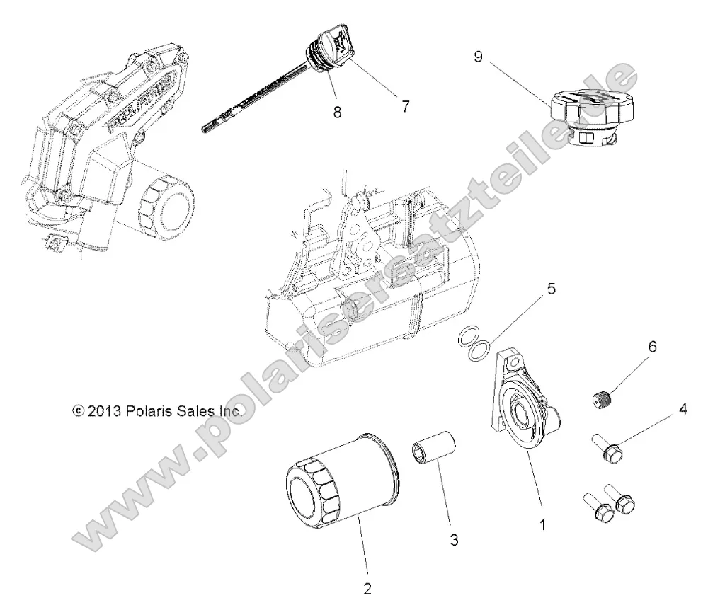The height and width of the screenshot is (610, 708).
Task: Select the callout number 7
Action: [405, 106]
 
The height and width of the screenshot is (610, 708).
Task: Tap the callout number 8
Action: [337, 113]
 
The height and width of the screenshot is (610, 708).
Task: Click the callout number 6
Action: [651, 347]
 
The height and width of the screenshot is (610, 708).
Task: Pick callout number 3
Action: [454, 541]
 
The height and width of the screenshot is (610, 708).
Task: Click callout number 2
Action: [367, 587]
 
